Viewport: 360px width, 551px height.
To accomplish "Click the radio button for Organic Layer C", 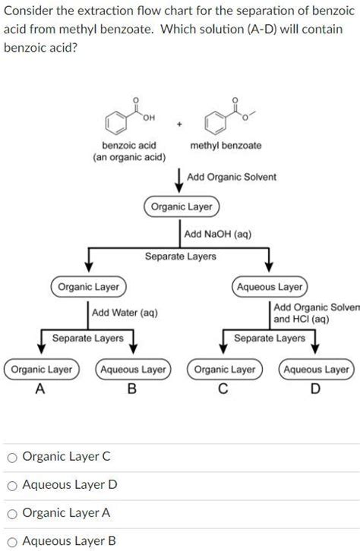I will point(12,457).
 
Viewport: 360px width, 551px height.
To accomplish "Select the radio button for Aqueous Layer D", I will point(12,485).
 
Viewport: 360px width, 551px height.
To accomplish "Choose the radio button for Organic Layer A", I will point(12,513).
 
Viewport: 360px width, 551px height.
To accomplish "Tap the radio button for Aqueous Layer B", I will point(12,541).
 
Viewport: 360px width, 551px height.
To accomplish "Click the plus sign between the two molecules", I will point(179,122).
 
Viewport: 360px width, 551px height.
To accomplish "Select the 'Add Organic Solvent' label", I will point(232,177).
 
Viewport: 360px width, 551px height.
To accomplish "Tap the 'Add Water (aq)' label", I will point(125,312).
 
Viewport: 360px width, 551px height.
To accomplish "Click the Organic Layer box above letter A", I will point(40,370).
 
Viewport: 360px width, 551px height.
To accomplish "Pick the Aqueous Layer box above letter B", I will point(133,370).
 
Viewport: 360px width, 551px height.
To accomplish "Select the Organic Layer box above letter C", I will point(225,370).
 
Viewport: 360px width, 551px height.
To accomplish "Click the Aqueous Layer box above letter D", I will point(316,370).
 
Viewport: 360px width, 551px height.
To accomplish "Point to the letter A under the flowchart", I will point(40,389).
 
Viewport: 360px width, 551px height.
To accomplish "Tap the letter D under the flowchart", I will point(316,389).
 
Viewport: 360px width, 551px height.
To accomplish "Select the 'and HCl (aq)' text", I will point(302,320).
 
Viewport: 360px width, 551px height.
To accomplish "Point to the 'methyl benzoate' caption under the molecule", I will point(226,145).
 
